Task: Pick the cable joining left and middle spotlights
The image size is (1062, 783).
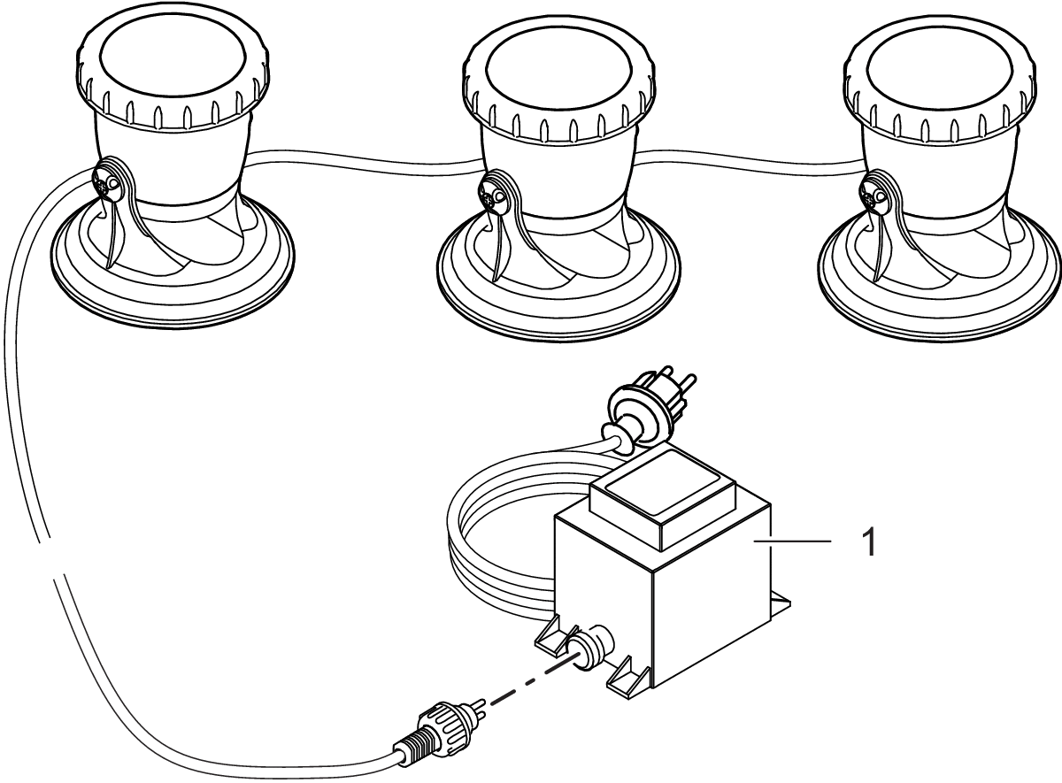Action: [363, 159]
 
